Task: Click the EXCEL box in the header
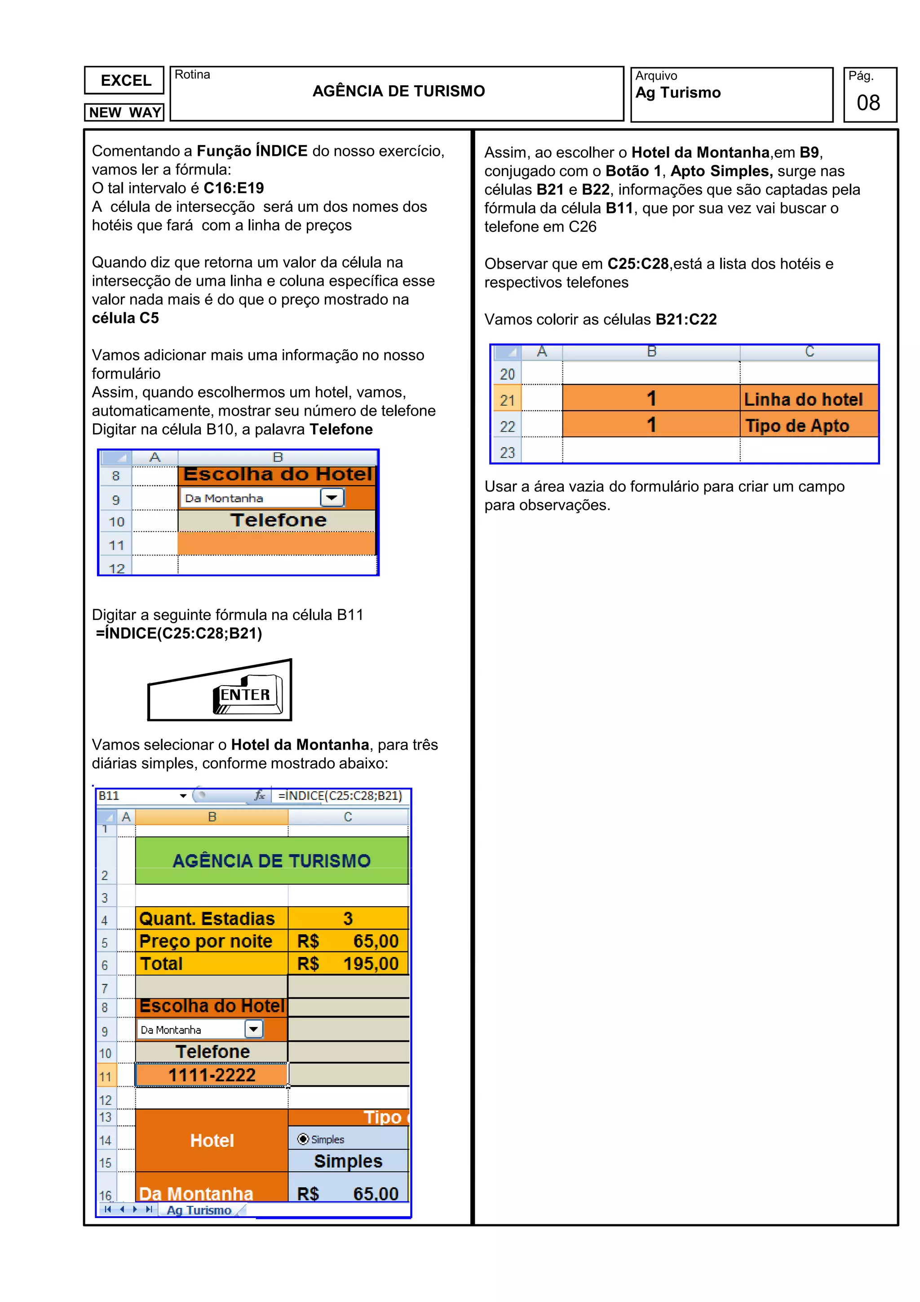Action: pyautogui.click(x=124, y=80)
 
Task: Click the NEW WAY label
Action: pyautogui.click(x=124, y=112)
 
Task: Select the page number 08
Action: pyautogui.click(x=868, y=102)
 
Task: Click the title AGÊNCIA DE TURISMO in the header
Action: pyautogui.click(x=398, y=91)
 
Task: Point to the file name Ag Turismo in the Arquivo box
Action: pyautogui.click(x=678, y=93)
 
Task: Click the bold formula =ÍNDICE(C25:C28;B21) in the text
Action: pyautogui.click(x=179, y=633)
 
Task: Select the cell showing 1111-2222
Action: pyautogui.click(x=212, y=1075)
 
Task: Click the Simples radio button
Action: pyautogui.click(x=303, y=1139)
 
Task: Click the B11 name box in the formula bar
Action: pyautogui.click(x=136, y=796)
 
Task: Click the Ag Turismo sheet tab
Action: pyautogui.click(x=199, y=1210)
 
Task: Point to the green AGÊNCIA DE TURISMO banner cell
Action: pyautogui.click(x=271, y=861)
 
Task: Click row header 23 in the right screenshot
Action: pyautogui.click(x=507, y=452)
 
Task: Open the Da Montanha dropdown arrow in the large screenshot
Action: pyautogui.click(x=253, y=1029)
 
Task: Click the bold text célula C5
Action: pyautogui.click(x=125, y=318)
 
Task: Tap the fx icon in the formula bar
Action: pyautogui.click(x=260, y=796)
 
